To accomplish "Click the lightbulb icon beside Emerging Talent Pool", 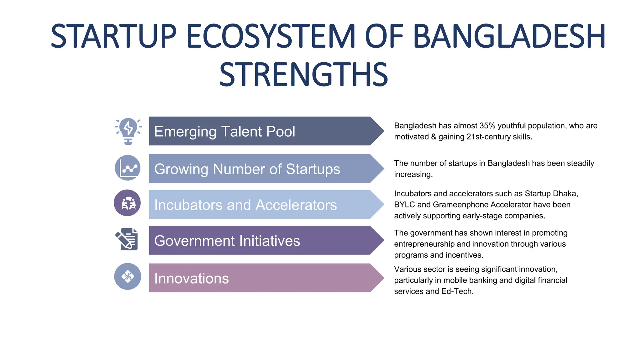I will (x=128, y=131).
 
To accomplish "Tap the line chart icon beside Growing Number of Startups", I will (x=128, y=168).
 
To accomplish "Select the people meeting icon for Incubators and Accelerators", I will (x=127, y=203).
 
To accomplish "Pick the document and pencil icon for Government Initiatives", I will (x=127, y=239).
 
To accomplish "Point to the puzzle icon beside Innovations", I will (x=128, y=276).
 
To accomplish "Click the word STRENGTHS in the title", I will (x=303, y=75).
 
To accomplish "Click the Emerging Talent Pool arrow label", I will (x=224, y=131).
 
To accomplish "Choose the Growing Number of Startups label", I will (x=247, y=169).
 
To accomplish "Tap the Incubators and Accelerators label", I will (x=245, y=205).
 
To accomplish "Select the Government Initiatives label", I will (x=227, y=241).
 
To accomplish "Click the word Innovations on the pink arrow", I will (x=192, y=279).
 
